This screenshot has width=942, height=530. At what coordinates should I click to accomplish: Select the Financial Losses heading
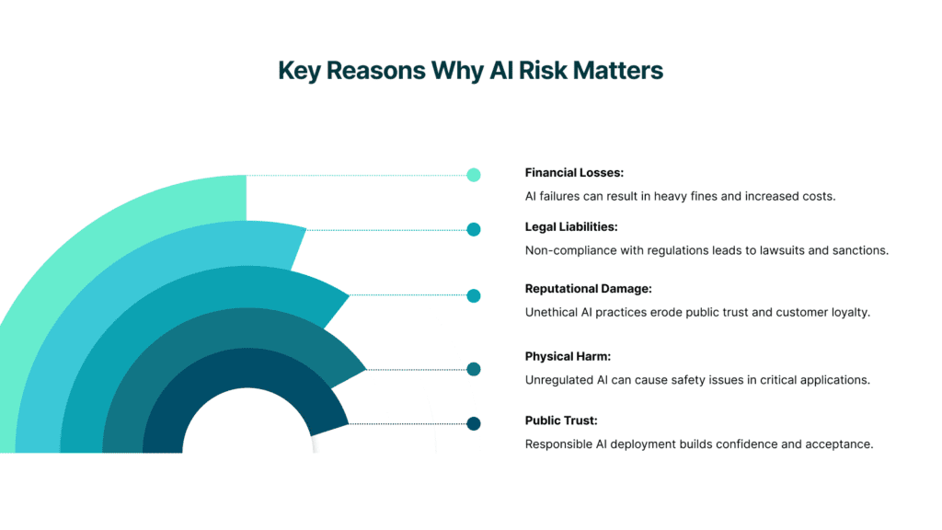(574, 172)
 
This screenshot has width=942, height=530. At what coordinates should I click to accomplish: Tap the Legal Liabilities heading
(570, 226)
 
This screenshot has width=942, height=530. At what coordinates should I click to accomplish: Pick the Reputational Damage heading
(588, 289)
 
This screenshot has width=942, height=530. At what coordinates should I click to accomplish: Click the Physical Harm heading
(568, 356)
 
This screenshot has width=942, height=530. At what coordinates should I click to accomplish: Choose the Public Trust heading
(561, 421)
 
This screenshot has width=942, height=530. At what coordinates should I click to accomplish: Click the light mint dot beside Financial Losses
(474, 175)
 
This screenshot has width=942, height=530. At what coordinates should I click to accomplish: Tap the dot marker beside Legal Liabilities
(474, 230)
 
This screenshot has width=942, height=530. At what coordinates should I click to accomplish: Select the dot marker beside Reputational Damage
(474, 295)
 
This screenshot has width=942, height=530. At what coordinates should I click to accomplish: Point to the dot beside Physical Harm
(474, 369)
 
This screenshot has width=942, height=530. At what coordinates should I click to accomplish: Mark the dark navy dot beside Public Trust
(474, 423)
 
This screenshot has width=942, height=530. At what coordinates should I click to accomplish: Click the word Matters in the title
(620, 71)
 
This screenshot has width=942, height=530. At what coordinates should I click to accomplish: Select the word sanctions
(859, 250)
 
